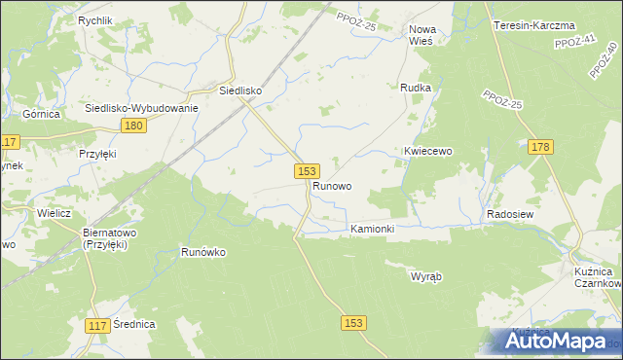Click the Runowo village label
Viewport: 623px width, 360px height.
tap(332, 185)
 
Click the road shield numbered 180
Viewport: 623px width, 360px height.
tap(135, 126)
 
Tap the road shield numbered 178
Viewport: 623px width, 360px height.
tap(542, 147)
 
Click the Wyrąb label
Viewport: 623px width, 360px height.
tap(426, 276)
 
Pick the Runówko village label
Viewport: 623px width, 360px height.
tap(203, 252)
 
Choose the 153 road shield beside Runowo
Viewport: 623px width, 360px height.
tap(306, 170)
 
